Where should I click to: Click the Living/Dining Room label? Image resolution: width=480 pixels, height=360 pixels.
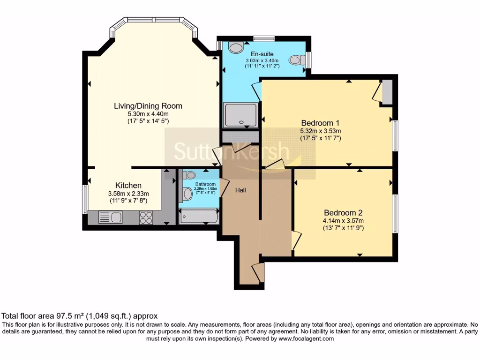click(x=148, y=106)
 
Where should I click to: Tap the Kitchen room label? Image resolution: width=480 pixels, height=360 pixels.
click(x=128, y=186)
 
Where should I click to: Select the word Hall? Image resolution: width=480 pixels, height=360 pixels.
click(x=241, y=190)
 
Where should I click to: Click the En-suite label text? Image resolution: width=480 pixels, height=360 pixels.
click(x=262, y=54)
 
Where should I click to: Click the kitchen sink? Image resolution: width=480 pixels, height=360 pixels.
click(x=111, y=217)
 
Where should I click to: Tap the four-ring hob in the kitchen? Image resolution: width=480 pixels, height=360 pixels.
click(x=146, y=218)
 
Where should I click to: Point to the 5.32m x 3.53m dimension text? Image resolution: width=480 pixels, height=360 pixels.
click(x=321, y=131)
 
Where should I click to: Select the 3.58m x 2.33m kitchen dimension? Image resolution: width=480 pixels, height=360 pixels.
click(x=128, y=194)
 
